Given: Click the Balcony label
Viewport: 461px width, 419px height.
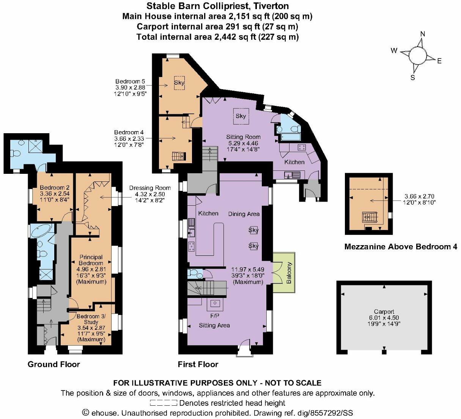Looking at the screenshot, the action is [x=289, y=273].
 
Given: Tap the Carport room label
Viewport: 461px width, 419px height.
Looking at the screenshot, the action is [x=384, y=312].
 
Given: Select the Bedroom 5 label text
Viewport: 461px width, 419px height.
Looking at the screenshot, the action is [x=130, y=81].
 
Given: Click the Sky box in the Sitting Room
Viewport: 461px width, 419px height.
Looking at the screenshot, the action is [x=241, y=116].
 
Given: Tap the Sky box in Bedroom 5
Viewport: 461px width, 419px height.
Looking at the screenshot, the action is [x=179, y=83].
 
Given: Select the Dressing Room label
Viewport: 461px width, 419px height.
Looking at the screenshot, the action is [x=150, y=188].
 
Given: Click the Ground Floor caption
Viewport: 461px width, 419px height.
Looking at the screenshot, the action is [x=54, y=364].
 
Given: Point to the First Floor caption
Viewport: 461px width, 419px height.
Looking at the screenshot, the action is [x=198, y=364].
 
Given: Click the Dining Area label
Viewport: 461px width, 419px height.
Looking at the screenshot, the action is [x=244, y=214].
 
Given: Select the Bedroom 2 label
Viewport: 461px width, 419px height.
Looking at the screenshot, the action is [x=55, y=187].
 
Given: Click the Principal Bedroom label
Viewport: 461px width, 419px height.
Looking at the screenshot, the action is [x=91, y=260].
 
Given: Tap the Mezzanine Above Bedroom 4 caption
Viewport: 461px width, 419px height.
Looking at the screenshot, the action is [x=401, y=247].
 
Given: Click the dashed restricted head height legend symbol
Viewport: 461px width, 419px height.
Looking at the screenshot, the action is [x=164, y=403].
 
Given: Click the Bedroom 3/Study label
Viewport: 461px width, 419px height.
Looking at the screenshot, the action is [x=91, y=319].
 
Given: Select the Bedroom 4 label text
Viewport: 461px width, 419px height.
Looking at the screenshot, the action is [x=129, y=132].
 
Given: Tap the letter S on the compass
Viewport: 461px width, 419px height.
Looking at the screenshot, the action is [x=413, y=77].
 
